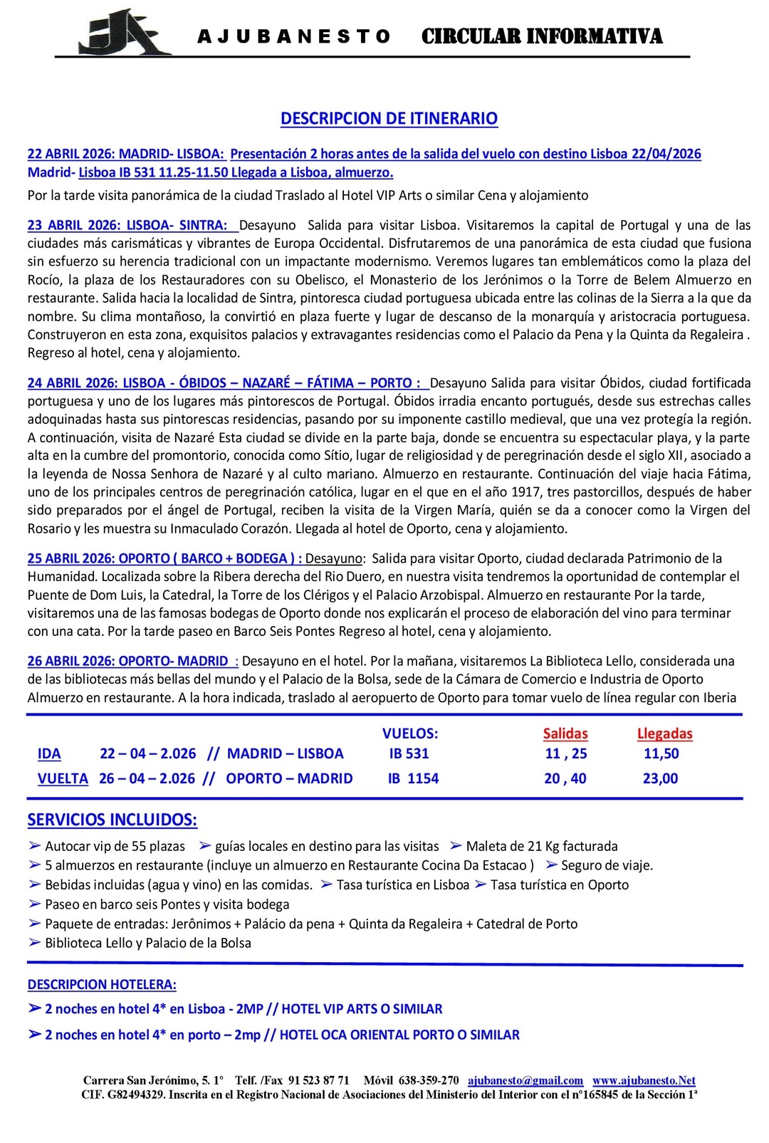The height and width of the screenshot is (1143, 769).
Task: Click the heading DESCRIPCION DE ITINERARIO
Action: (x=389, y=118)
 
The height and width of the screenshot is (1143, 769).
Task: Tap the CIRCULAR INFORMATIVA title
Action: (x=541, y=36)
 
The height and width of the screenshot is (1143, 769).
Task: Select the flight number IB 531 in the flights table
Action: (x=409, y=753)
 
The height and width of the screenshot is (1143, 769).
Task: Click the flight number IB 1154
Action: (x=413, y=778)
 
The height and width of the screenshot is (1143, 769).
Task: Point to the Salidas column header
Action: (x=565, y=734)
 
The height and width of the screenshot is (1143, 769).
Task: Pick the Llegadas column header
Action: (x=664, y=734)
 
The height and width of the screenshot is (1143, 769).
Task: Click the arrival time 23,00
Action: (x=660, y=778)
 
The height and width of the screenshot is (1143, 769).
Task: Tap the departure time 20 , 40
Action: (x=565, y=778)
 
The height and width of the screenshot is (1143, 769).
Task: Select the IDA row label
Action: (x=49, y=753)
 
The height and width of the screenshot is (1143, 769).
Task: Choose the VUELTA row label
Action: (x=63, y=778)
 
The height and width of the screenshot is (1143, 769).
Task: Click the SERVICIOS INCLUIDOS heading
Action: (x=112, y=820)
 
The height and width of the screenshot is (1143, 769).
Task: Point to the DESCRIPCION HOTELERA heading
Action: (x=102, y=984)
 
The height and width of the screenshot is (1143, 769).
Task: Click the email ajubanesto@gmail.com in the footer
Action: (x=525, y=1080)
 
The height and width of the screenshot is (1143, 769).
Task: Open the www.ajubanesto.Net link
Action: (x=644, y=1080)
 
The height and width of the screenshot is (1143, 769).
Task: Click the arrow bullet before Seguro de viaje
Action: (x=550, y=865)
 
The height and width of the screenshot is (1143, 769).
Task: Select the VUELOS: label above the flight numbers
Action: (x=410, y=734)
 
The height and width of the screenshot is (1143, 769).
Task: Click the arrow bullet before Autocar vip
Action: (x=34, y=846)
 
